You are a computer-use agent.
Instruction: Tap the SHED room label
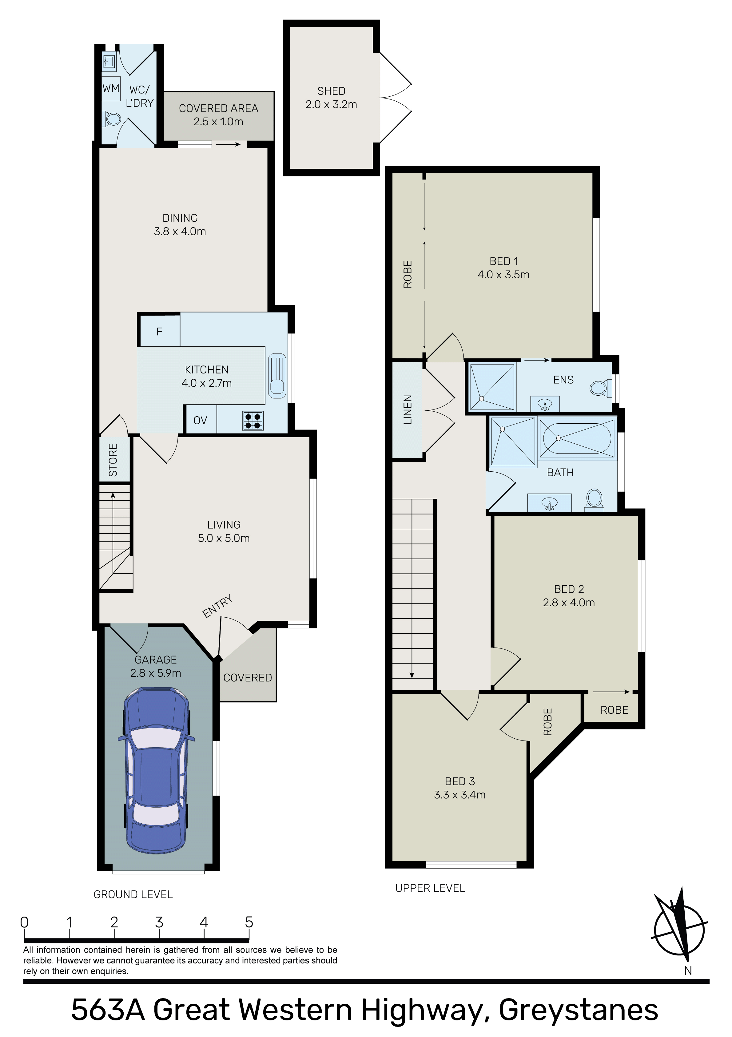tap(331, 91)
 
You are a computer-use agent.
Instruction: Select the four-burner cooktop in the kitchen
tap(253, 421)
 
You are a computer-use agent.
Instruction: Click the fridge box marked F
tap(159, 331)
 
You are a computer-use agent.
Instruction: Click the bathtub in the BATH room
tap(577, 438)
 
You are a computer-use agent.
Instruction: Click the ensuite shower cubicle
tap(492, 387)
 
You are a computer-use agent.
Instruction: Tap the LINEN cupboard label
tap(408, 410)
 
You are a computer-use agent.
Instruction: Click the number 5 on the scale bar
tap(249, 922)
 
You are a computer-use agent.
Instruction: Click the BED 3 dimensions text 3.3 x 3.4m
tap(460, 794)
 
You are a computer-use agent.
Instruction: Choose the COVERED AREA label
tap(218, 108)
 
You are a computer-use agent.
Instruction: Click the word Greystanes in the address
tap(578, 1010)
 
